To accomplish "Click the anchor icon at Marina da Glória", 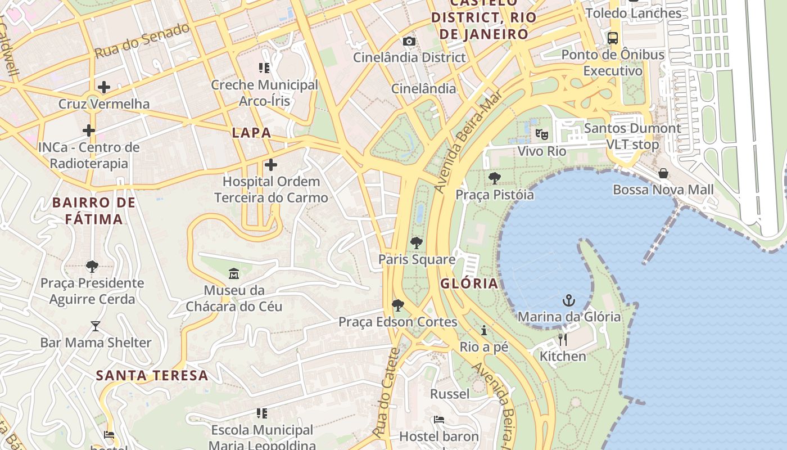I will pos(569,300).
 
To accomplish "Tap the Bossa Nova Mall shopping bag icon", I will pos(663,173).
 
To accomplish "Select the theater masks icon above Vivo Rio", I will pos(541,134).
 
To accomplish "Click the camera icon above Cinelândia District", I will pos(409,41).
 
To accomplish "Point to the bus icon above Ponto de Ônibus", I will pos(613,38).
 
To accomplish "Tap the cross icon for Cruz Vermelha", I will pos(103,87).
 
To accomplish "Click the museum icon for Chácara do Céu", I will pos(234,274).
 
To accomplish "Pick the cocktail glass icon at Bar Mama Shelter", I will pos(95,326).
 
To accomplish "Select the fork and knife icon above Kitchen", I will pos(562,339).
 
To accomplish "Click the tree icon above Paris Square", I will pos(416,243).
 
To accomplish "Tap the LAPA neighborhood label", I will pos(252,133).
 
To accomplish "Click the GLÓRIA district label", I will pos(469,283).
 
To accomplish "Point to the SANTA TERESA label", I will pos(152,375).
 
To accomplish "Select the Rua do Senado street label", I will pos(142,40).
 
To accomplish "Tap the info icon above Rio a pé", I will pos(483,330).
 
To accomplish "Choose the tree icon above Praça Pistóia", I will pos(495,178).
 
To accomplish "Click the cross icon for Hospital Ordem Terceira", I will pos(270,165).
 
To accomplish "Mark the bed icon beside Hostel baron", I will pos(439,419).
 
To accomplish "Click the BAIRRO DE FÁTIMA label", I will pos(94,210).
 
